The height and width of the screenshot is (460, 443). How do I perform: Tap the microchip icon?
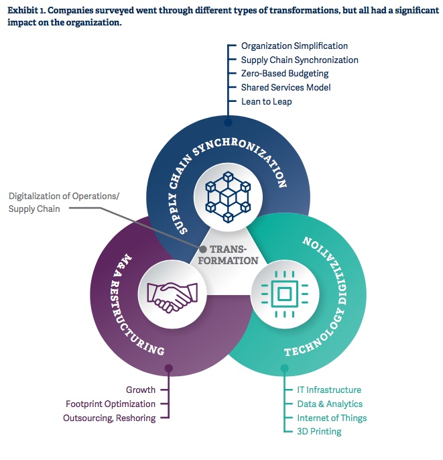[284, 292]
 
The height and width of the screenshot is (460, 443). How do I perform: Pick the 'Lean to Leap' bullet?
[266, 102]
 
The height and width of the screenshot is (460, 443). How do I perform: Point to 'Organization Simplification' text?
[294, 46]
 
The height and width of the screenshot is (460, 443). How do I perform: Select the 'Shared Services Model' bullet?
[286, 88]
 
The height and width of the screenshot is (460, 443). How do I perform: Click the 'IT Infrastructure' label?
[329, 390]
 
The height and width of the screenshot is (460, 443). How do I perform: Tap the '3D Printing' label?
[319, 432]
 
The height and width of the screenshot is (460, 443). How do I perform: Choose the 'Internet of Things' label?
[332, 418]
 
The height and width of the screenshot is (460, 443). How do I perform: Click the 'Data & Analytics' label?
[330, 404]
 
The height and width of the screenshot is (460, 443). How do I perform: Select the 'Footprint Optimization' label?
[111, 404]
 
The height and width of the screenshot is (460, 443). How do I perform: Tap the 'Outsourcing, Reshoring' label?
[109, 418]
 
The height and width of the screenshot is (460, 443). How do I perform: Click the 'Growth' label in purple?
[141, 390]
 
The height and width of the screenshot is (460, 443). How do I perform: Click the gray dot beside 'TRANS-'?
[202, 249]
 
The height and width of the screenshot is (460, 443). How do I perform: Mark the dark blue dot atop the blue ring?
[228, 123]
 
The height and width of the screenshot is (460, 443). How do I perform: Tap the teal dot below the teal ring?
[284, 367]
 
